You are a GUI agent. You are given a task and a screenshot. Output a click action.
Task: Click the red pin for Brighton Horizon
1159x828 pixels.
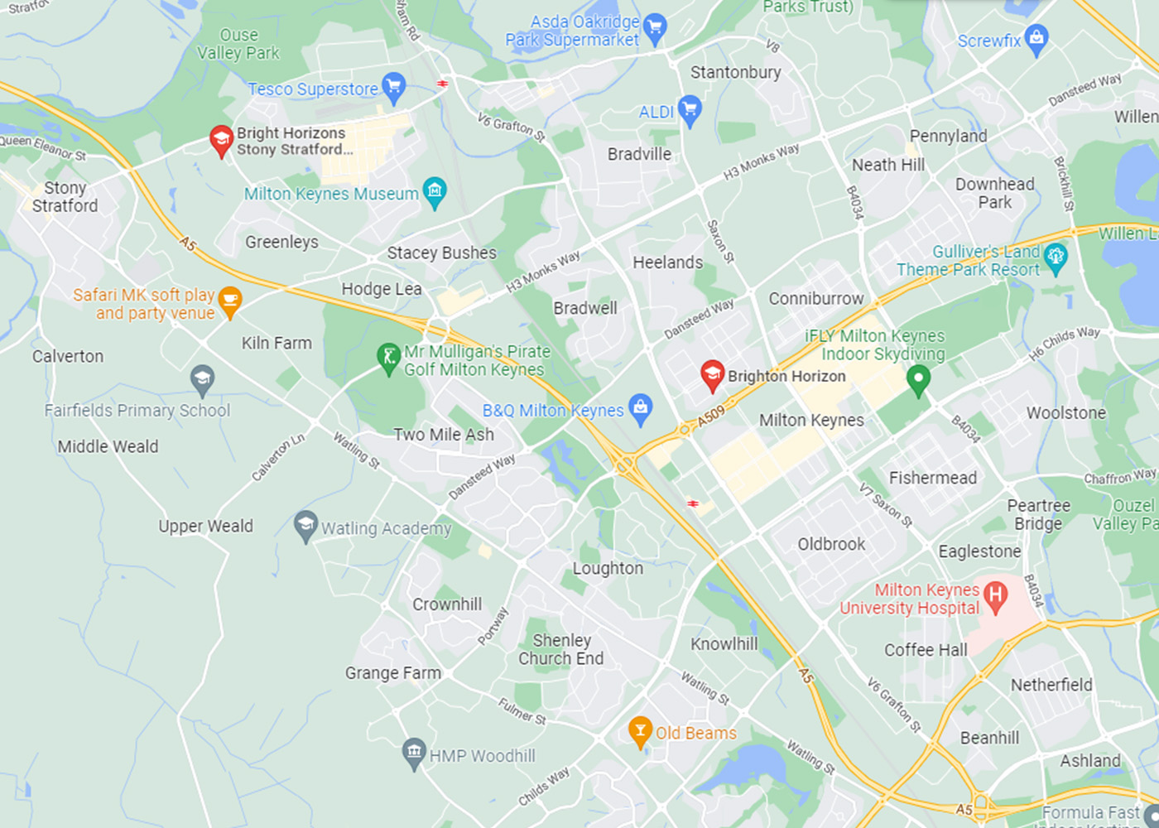coord(712,374)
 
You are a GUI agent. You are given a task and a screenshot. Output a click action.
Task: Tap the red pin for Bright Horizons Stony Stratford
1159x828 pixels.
coord(221,140)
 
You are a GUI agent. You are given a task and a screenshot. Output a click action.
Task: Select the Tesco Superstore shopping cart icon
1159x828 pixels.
coord(394,87)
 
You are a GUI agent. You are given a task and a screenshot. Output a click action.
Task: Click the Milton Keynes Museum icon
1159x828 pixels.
coord(435,192)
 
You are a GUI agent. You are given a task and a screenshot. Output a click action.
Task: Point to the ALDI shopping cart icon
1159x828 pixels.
coord(689,109)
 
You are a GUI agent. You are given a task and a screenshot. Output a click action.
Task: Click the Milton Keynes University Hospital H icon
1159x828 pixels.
coord(996,595)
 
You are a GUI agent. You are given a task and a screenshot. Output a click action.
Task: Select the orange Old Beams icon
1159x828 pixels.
coord(640,731)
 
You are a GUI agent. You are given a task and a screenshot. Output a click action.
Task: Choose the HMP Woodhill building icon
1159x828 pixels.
coord(414,753)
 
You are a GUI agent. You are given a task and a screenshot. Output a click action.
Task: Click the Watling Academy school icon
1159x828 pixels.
coord(305,526)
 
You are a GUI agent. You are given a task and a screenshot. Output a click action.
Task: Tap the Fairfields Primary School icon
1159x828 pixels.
coord(202,380)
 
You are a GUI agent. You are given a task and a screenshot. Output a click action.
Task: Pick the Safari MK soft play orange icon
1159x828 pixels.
coord(230,302)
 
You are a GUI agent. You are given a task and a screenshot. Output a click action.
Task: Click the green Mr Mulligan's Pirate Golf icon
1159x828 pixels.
coord(388,359)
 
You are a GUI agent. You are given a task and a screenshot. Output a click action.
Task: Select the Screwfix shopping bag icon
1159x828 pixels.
coord(1036,38)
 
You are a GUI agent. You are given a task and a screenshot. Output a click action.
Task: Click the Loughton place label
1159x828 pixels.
coord(608,569)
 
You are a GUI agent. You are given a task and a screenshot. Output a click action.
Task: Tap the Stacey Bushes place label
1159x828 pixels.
coord(442,253)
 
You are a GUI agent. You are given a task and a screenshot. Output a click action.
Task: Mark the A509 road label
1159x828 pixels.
coord(711,416)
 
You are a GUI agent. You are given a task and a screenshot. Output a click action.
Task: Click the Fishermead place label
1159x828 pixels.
coord(933,478)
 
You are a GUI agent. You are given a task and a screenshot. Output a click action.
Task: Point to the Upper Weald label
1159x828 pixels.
coord(205,527)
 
